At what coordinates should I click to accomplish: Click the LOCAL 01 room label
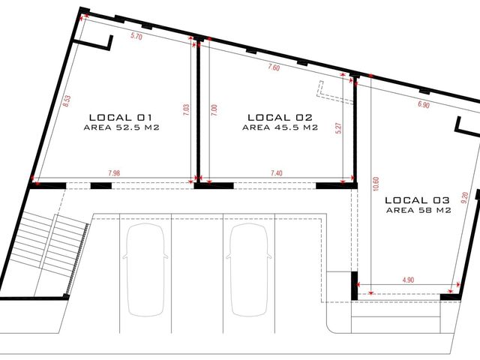point(120,118)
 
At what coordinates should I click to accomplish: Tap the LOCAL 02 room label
point(280,118)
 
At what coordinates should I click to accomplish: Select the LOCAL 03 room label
point(417,200)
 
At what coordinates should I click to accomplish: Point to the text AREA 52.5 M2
point(121,127)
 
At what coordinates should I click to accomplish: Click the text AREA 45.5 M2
point(280,127)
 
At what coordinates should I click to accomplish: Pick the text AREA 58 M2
point(418,211)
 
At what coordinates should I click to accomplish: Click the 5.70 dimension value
point(136,36)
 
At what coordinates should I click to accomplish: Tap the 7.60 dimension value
point(274,67)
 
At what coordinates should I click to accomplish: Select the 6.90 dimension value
point(424,104)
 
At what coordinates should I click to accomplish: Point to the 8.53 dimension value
point(67,101)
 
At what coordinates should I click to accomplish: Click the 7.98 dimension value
point(114,173)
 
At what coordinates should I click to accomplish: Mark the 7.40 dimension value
point(277,173)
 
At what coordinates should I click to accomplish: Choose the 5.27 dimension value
point(338,128)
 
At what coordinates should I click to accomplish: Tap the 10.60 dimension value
point(376,184)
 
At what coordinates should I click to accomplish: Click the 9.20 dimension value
point(464,198)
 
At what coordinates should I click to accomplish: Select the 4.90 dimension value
point(408,280)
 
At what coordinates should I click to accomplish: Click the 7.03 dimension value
point(186,110)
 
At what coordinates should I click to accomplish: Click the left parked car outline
point(145,269)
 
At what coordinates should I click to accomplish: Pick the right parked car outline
point(249,269)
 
